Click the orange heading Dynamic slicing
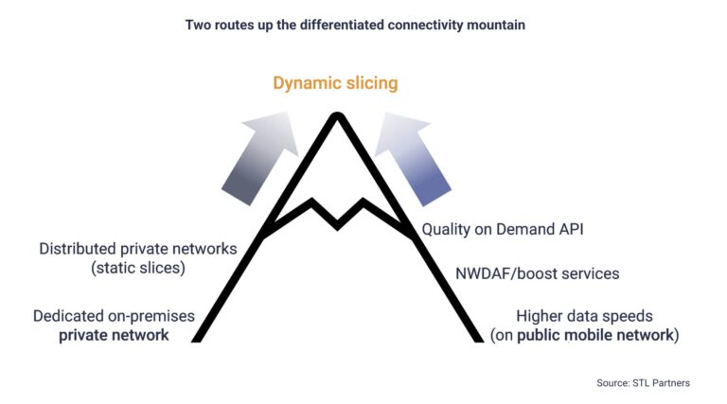(335, 83)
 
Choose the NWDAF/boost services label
(537, 273)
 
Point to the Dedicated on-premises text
(115, 316)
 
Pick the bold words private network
(116, 335)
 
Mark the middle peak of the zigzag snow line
(336, 225)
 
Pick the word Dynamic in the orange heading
(305, 83)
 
